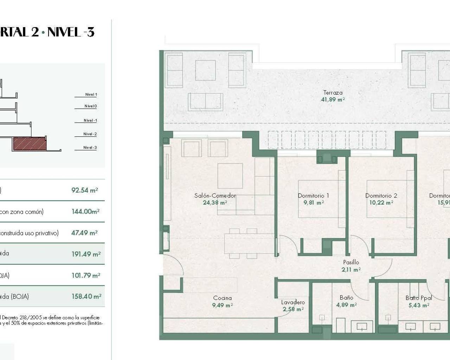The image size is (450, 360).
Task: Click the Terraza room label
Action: click(x=333, y=93)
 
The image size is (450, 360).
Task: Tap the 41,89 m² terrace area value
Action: click(x=333, y=99)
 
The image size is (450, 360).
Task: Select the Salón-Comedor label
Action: click(x=215, y=195)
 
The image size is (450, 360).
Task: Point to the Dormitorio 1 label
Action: click(x=313, y=196)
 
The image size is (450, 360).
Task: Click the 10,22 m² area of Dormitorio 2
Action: click(x=381, y=202)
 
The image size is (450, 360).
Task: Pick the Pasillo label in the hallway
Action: click(x=351, y=262)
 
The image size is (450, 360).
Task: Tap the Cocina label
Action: click(x=222, y=298)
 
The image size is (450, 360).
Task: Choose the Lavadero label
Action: click(x=293, y=302)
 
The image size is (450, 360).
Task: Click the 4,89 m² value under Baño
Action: click(x=346, y=305)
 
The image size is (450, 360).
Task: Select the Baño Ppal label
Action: click(x=418, y=298)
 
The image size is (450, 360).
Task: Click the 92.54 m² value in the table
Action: click(x=84, y=190)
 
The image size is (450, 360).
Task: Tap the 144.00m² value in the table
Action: click(x=85, y=212)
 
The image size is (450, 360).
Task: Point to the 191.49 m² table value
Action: click(x=86, y=254)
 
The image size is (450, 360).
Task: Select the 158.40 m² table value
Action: click(x=86, y=296)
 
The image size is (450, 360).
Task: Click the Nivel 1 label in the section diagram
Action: click(x=91, y=95)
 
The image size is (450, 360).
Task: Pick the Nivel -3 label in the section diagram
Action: click(x=90, y=148)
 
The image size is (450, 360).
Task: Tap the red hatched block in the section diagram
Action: click(x=30, y=143)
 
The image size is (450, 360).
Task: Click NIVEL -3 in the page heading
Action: click(x=71, y=32)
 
